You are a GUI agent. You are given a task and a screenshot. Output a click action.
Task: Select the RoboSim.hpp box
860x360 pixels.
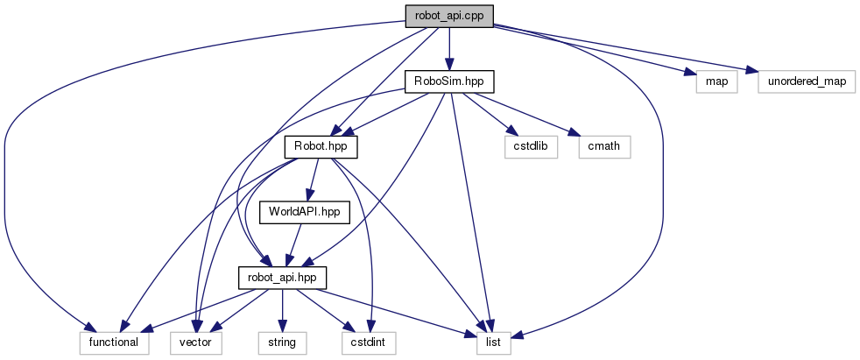point(449,81)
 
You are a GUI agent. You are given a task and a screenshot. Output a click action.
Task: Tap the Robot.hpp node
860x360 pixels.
point(315,146)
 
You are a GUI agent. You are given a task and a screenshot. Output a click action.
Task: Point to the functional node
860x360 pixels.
point(113,342)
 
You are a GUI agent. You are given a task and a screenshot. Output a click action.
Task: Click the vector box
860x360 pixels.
point(201,342)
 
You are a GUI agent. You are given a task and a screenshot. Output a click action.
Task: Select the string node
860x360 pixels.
point(282,342)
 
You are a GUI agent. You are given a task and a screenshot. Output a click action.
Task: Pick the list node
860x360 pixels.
point(493,342)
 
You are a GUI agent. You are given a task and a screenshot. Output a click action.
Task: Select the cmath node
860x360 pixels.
point(604,146)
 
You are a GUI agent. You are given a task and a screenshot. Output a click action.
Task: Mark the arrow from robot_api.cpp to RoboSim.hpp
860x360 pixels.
point(449,48)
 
